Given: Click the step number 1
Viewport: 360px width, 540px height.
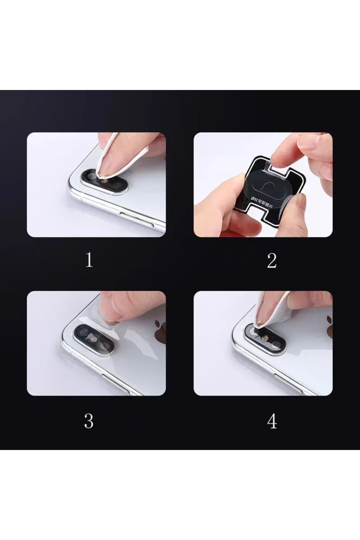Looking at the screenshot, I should point(89,260).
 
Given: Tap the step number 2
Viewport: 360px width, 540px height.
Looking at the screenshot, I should point(271,261).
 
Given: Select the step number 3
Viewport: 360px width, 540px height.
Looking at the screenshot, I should point(88,420).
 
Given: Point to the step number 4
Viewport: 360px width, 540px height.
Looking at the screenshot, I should point(272,421).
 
